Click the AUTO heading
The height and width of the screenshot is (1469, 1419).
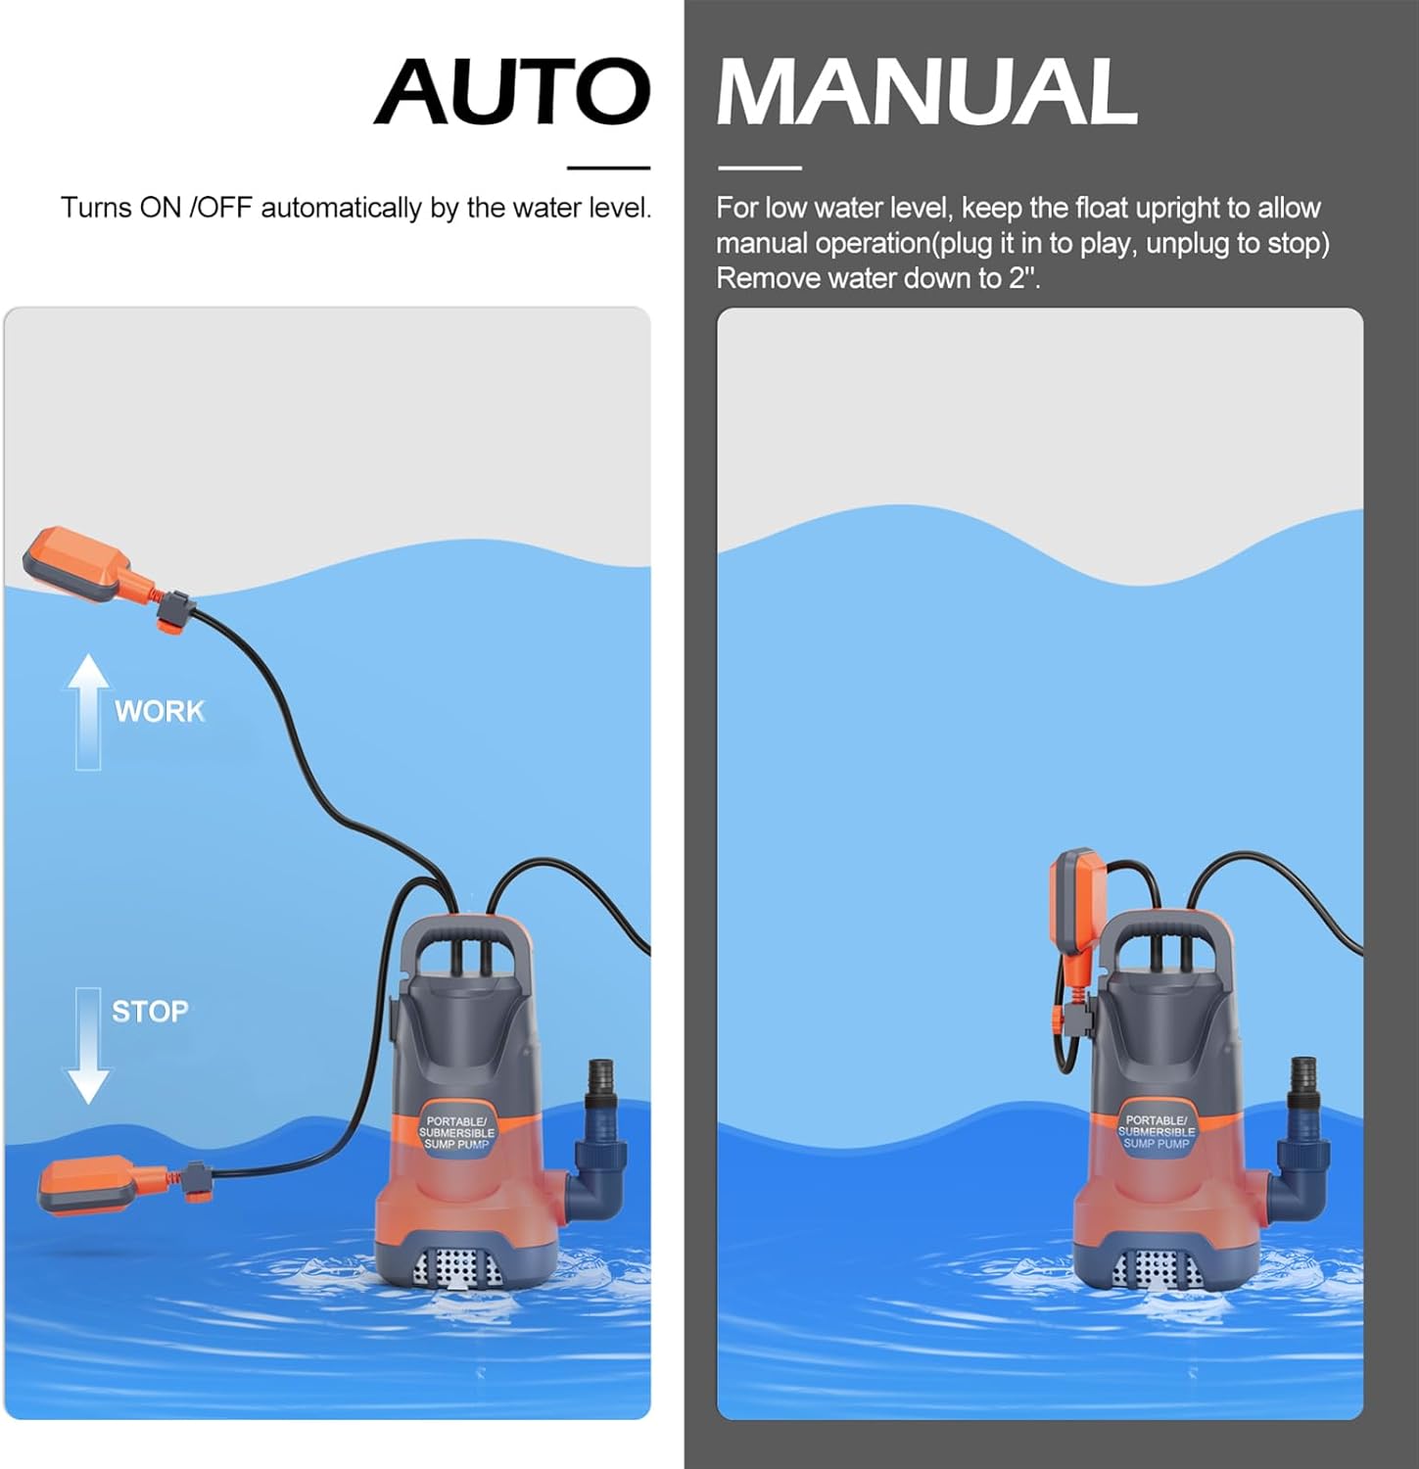(512, 91)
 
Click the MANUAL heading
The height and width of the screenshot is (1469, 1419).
(926, 91)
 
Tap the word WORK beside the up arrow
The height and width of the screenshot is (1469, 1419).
(160, 711)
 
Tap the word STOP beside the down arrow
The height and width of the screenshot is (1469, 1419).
(150, 1012)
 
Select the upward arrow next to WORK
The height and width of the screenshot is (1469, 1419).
(88, 710)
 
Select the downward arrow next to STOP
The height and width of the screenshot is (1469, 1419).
(88, 1046)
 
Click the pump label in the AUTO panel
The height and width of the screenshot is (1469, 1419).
(456, 1132)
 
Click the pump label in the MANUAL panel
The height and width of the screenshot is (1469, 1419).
(1156, 1132)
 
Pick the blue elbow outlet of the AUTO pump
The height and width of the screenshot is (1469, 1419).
(599, 1165)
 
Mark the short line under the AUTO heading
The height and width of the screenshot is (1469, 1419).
(608, 168)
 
